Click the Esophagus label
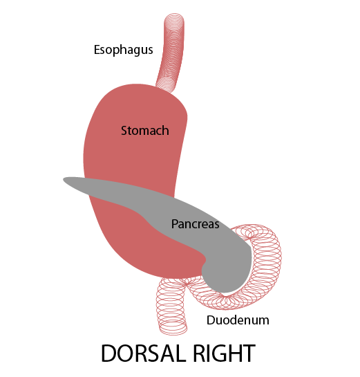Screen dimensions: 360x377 (123, 50)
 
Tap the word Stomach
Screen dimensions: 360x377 (145, 131)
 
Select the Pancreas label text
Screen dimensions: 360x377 (195, 224)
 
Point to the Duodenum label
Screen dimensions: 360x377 (238, 320)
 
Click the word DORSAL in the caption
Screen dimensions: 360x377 (144, 353)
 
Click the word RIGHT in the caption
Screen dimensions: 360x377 (224, 353)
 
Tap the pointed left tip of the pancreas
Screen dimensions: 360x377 (64, 179)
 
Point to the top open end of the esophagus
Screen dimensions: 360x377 (174, 18)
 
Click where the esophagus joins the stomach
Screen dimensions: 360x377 (166, 89)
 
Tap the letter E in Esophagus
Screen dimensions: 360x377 (97, 50)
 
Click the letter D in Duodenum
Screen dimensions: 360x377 (211, 320)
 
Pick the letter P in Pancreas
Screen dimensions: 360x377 (175, 224)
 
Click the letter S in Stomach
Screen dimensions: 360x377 (124, 131)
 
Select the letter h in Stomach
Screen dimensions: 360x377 (165, 131)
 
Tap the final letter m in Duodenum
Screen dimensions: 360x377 (264, 322)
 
